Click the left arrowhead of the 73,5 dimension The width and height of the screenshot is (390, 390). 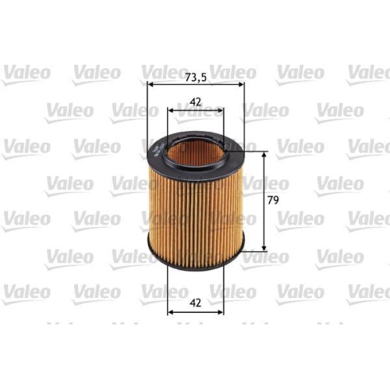151,83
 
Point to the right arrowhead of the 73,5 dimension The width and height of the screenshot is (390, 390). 241,83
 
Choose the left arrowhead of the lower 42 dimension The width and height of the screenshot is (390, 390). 170,312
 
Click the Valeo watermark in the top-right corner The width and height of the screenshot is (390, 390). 367,73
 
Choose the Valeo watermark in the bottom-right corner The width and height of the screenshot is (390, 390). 367,291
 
